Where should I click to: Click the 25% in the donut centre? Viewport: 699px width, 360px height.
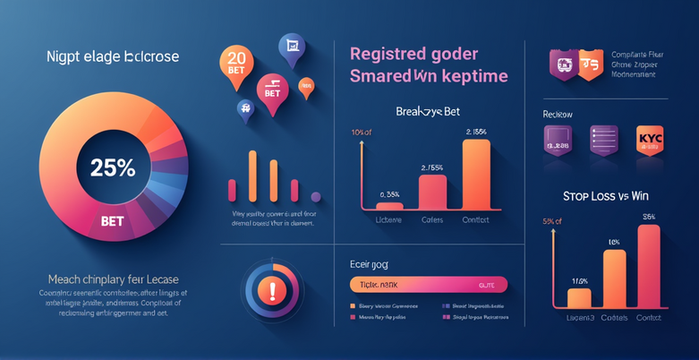click(112, 167)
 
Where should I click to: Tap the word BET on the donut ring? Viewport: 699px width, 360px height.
click(113, 219)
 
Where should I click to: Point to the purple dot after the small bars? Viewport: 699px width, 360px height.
click(314, 194)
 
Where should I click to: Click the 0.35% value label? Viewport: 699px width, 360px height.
click(389, 193)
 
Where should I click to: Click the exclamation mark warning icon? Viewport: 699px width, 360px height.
click(270, 290)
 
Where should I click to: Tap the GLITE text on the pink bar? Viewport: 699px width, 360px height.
click(487, 285)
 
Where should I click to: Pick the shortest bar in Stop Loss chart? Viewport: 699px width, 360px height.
click(579, 298)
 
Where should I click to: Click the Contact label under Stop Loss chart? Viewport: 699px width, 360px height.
click(650, 318)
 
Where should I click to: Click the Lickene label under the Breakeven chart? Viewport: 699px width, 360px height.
click(388, 219)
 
